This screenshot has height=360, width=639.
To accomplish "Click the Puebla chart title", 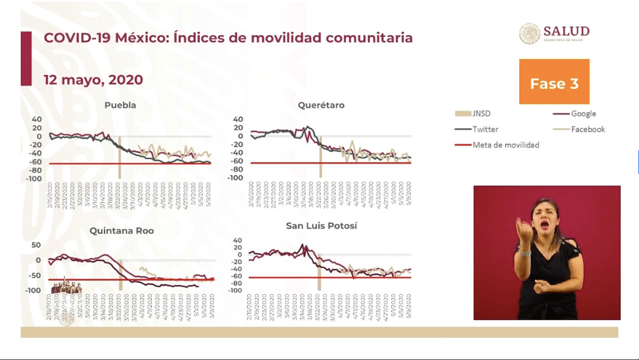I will coord(120,105).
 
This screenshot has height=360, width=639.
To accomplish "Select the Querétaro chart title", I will coord(321,105).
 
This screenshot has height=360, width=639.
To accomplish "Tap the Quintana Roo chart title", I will coord(122,231).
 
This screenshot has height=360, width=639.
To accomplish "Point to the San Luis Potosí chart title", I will coord(321,226).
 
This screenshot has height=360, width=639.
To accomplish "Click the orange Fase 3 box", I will coord(554,82).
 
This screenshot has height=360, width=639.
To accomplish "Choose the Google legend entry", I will coord(583,114).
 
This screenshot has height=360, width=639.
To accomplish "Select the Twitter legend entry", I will coord(485,129).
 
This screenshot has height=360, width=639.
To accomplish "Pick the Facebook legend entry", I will coord(587,129).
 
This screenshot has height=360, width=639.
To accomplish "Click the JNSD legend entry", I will coord(481,114).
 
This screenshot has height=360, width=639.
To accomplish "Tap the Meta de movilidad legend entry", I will coord(506,145).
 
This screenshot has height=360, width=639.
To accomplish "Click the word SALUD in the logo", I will coord(566,31).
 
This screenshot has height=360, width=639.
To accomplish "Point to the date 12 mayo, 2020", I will coord(93,80).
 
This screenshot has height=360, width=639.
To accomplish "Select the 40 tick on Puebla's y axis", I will coord(37,119).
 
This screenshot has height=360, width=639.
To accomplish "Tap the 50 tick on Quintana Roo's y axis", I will coord(36,245).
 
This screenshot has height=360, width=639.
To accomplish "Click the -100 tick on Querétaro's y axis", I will coord(235,178).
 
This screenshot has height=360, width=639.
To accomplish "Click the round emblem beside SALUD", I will coord(530,34).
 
